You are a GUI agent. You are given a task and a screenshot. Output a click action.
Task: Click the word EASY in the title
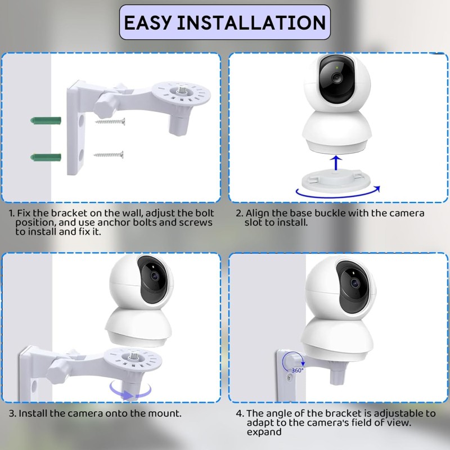[148, 22]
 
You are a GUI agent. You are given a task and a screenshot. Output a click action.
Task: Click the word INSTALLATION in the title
[251, 22]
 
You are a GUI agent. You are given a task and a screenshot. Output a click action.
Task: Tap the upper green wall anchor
[46, 120]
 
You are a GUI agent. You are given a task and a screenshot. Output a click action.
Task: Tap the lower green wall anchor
[46, 157]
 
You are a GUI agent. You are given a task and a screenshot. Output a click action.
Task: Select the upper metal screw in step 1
[110, 121]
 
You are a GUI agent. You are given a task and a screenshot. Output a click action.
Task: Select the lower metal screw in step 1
[109, 155]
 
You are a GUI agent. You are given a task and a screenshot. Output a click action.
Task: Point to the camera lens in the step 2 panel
[337, 78]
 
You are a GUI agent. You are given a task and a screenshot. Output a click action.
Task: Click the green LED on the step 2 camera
[336, 68]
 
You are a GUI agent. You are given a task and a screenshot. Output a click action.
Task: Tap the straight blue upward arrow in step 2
[336, 163]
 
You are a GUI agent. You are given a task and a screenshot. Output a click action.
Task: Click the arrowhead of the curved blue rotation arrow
[377, 189]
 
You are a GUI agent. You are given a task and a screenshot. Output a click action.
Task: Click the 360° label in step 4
[298, 370]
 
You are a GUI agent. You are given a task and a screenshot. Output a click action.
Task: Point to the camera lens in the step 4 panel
[355, 283]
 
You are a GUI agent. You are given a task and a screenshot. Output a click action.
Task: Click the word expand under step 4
[264, 432]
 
